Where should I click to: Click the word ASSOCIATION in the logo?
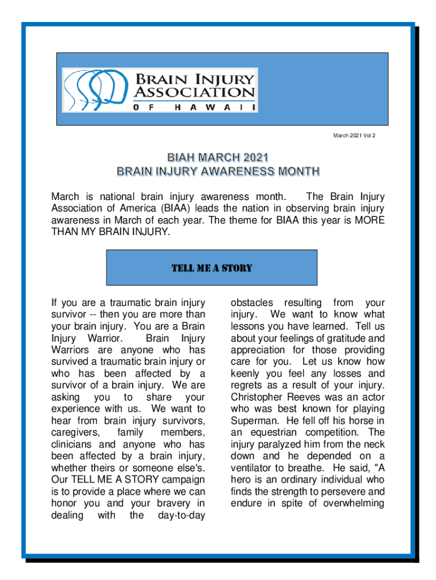point(194,92)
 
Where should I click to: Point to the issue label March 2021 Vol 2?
point(354,136)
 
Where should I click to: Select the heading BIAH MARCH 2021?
point(217,157)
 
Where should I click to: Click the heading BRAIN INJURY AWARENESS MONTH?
point(217,170)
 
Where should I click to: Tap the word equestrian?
point(268,433)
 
